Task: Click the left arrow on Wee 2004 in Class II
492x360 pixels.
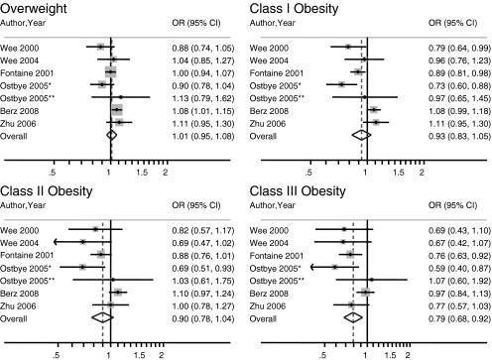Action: pos(57,241)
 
